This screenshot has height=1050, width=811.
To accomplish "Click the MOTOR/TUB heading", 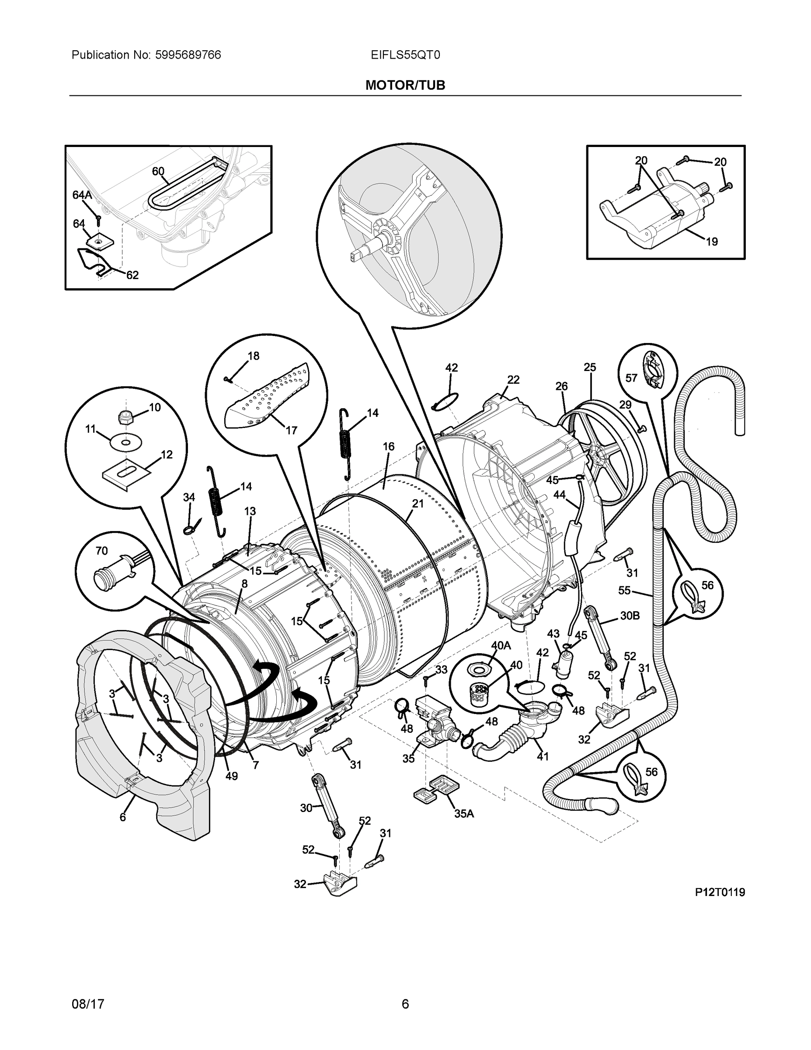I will coord(405,85).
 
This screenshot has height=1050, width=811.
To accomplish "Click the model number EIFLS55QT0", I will coord(405,55).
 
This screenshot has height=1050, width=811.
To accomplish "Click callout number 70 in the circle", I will coord(101,551).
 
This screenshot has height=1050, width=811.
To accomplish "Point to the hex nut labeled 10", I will coord(125,417).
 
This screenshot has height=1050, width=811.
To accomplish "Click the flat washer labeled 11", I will coord(125,442).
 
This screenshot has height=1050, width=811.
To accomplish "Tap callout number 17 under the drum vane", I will coord(292,430).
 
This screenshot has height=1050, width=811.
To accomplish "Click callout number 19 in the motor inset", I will coord(712,242).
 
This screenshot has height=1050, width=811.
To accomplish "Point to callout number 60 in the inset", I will coord(158,171).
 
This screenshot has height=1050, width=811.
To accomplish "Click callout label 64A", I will coord(82,195).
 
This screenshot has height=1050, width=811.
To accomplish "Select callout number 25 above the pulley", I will coord(590,367).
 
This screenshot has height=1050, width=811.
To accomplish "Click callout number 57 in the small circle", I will coord(631,378).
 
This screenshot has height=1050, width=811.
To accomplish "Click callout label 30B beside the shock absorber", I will coord(630,616).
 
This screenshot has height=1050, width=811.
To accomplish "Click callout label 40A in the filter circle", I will coord(501,646).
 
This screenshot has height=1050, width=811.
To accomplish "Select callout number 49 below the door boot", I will coord(232,776).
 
